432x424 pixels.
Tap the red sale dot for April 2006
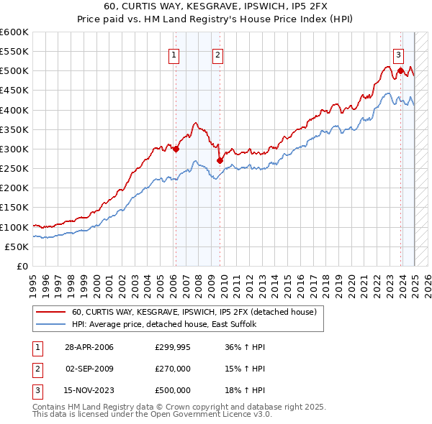point(176,149)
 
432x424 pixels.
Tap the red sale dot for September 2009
point(219,161)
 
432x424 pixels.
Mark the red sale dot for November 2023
point(400,70)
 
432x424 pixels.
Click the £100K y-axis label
point(14,227)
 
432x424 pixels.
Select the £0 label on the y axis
point(21,266)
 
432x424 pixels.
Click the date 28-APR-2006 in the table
point(89,347)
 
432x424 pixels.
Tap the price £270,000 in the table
point(173,369)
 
